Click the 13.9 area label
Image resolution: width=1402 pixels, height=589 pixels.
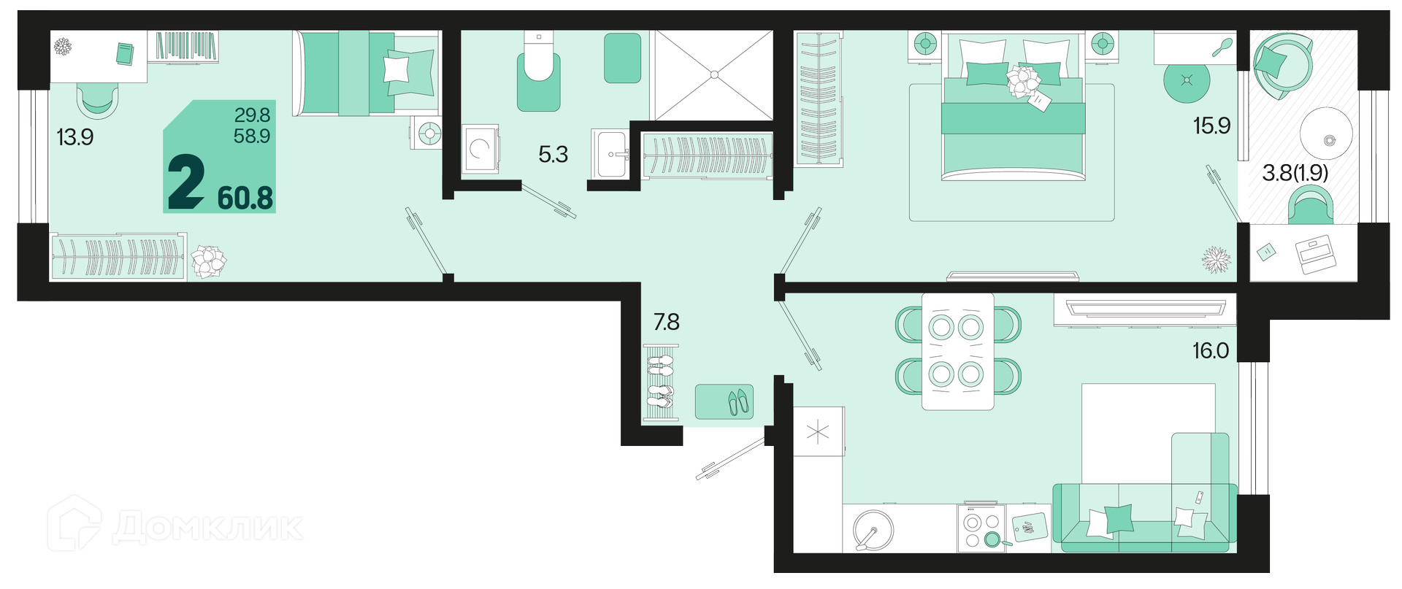point(75,136)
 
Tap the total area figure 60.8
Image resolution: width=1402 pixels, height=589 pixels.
point(245,198)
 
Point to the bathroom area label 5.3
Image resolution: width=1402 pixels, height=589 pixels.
point(553,154)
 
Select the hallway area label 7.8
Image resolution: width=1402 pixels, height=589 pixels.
point(666,321)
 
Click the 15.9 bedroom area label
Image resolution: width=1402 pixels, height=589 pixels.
point(1211,126)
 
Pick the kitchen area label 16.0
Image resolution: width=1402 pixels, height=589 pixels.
point(1211,351)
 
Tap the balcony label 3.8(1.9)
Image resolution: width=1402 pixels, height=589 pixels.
point(1295,172)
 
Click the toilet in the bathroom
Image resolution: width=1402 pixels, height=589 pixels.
point(539,71)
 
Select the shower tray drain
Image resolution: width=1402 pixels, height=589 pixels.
point(714,74)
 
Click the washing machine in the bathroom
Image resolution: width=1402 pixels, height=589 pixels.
point(480,149)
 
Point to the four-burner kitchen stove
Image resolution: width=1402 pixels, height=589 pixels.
point(981,528)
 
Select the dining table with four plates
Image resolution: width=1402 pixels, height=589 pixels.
point(957,351)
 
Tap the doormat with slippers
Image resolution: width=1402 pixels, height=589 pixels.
point(724,401)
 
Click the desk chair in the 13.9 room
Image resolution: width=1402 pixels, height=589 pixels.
point(98,100)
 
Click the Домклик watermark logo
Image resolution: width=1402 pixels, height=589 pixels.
point(175,525)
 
